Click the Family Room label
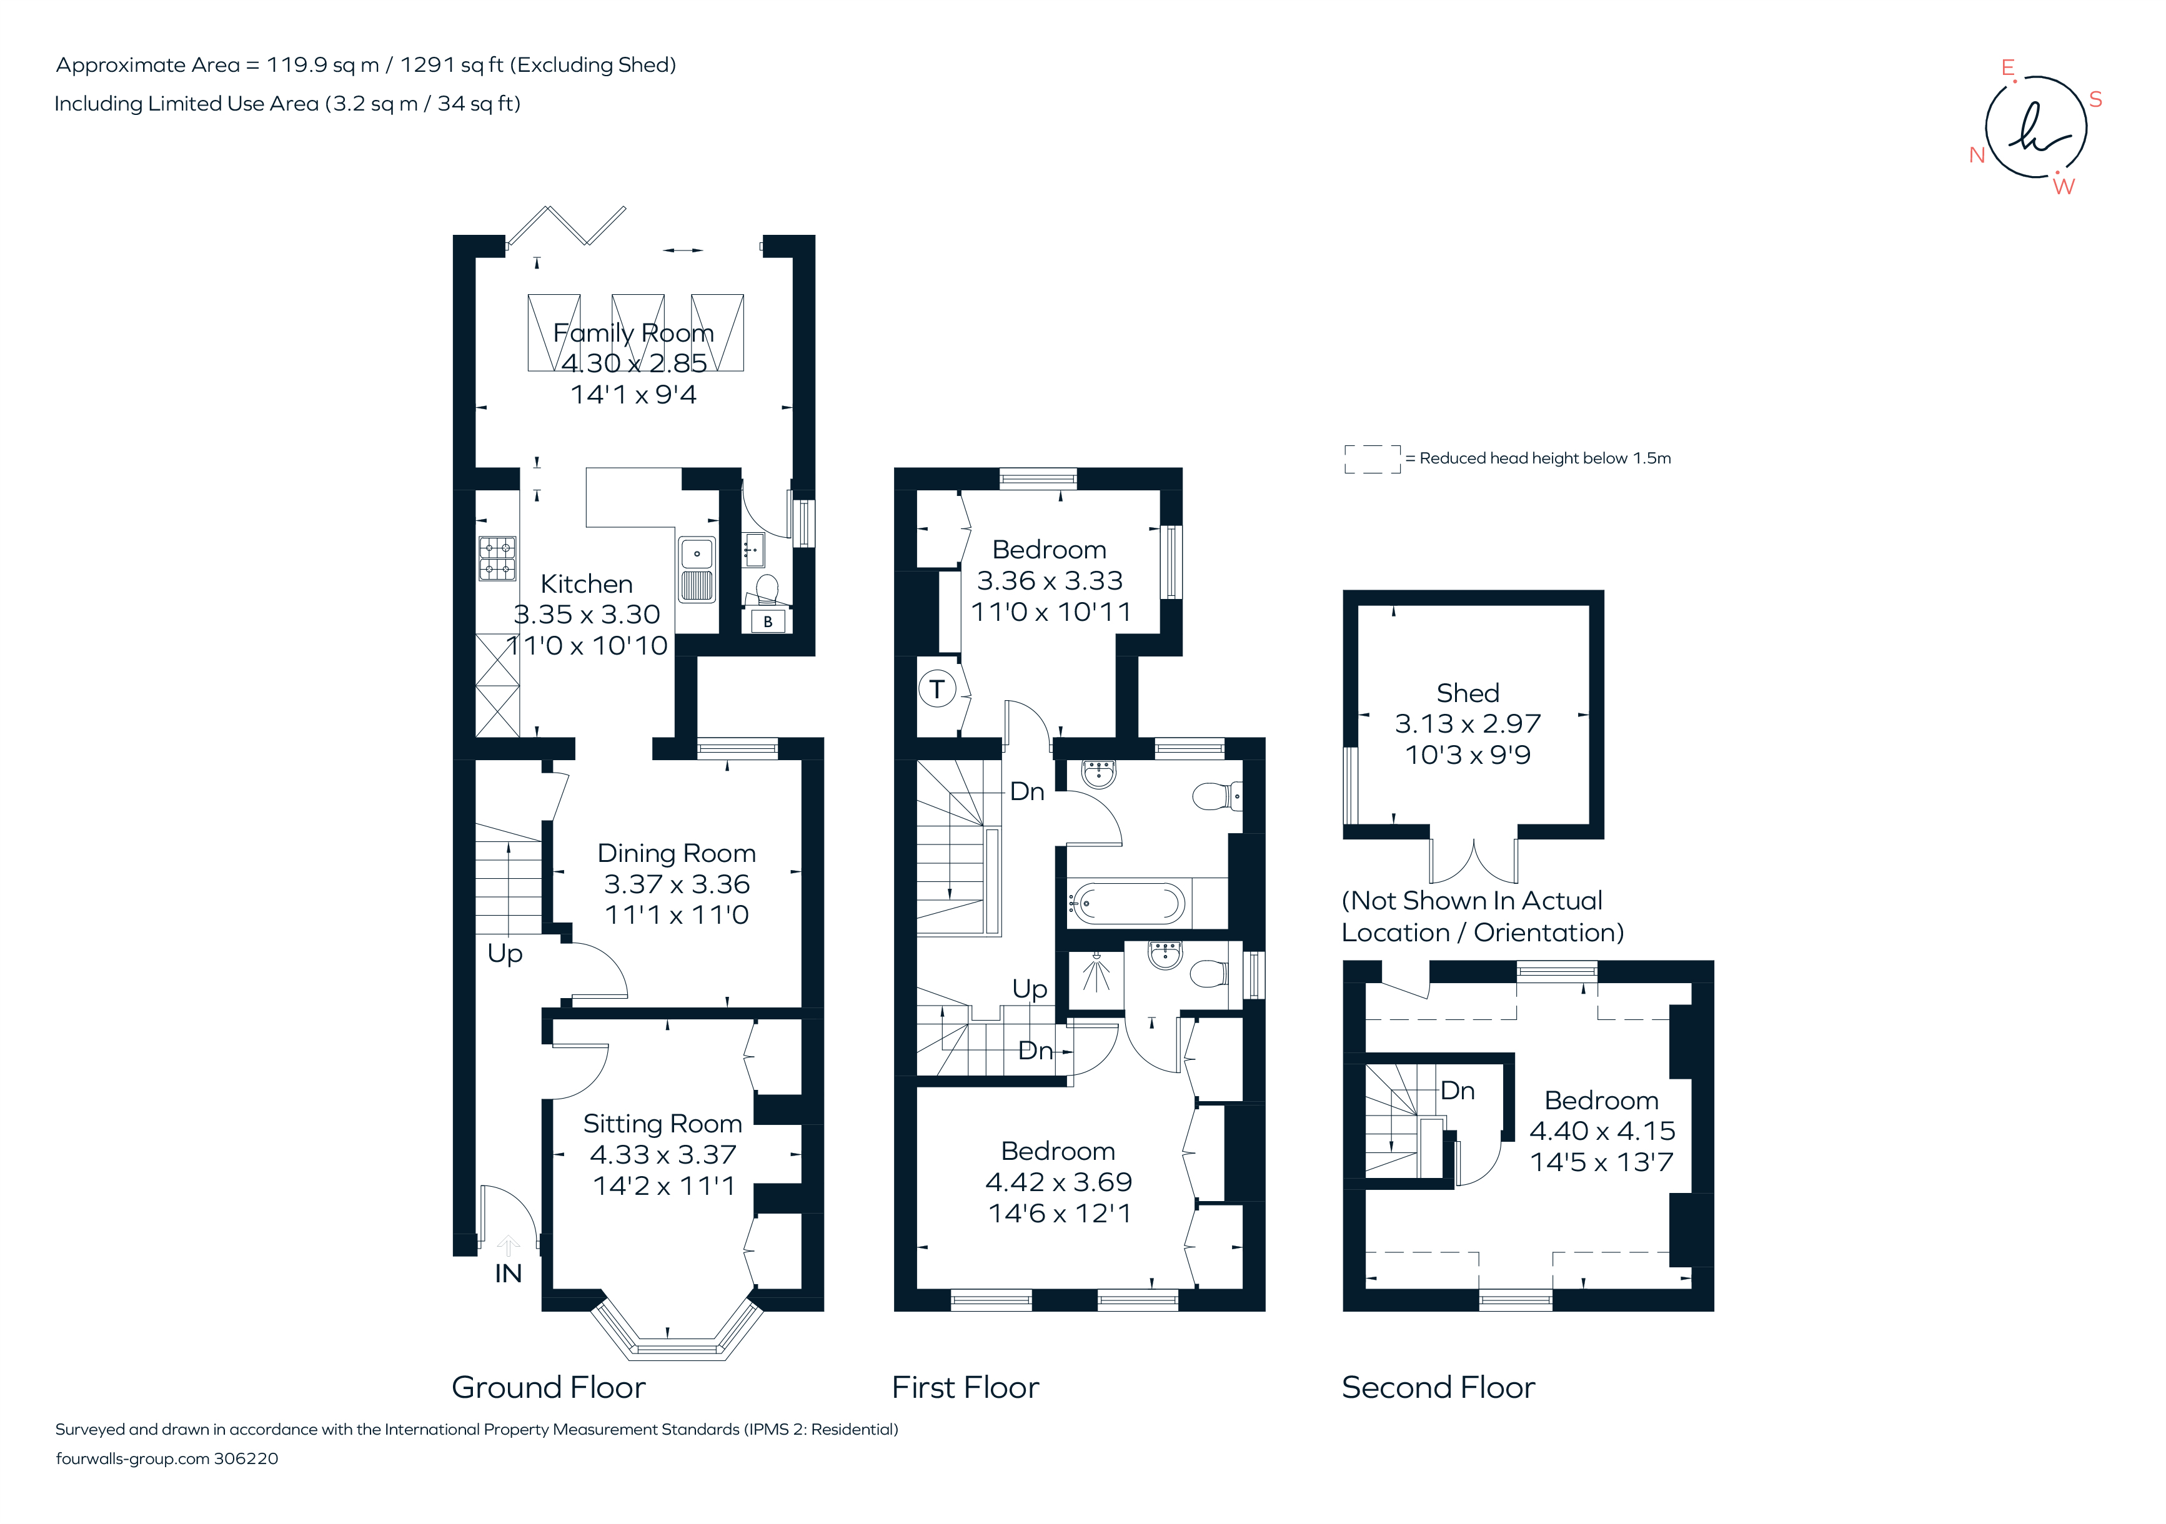point(633,333)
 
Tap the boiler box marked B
point(768,621)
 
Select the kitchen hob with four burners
point(497,558)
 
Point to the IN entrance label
point(507,1274)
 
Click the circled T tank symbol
point(936,690)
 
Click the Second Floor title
point(1438,1387)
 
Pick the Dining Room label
point(677,853)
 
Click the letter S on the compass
point(2095,100)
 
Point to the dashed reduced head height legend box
point(1372,459)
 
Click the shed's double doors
point(1474,858)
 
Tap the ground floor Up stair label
point(505,954)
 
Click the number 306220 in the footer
point(246,1459)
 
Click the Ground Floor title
point(548,1387)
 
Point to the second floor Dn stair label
point(1458,1091)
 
